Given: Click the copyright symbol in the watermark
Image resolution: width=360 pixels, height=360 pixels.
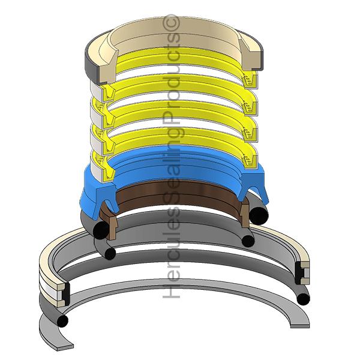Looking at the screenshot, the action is (171, 23).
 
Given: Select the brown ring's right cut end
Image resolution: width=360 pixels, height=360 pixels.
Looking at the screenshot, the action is (245, 213).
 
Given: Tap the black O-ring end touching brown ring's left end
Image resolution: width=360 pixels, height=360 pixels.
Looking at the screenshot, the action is (101, 229).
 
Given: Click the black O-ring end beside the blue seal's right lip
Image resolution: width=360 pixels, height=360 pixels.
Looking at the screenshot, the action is (259, 215).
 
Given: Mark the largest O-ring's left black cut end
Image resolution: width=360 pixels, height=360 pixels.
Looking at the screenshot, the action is (62, 320).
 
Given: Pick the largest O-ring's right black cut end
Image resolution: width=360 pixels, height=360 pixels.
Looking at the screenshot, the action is (303, 299).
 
